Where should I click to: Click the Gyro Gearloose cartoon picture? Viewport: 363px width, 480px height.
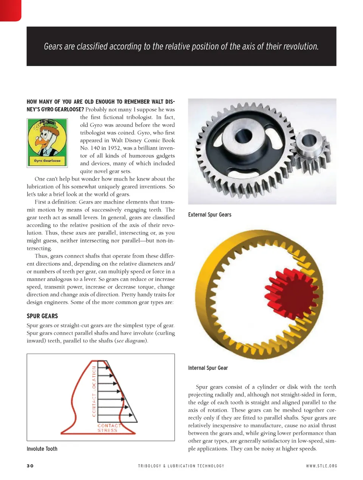click(47, 143)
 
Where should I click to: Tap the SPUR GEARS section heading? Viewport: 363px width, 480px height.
click(42, 316)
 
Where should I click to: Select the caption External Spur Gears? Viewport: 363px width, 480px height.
click(209, 215)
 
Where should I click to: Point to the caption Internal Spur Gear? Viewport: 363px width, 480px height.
click(208, 368)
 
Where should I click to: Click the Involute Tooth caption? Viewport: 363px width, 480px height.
click(42, 449)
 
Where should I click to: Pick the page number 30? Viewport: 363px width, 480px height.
click(30, 466)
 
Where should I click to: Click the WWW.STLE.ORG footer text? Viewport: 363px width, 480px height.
click(321, 466)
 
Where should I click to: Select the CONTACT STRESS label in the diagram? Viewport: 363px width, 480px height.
click(107, 428)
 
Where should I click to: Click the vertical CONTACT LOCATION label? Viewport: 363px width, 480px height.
click(94, 391)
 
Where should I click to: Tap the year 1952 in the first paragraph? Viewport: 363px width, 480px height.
click(114, 148)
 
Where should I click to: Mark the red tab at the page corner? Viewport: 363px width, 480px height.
click(10, 9)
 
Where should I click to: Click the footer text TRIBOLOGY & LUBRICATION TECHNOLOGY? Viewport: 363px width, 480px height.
click(181, 466)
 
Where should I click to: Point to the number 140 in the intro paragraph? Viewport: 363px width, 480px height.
click(95, 148)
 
